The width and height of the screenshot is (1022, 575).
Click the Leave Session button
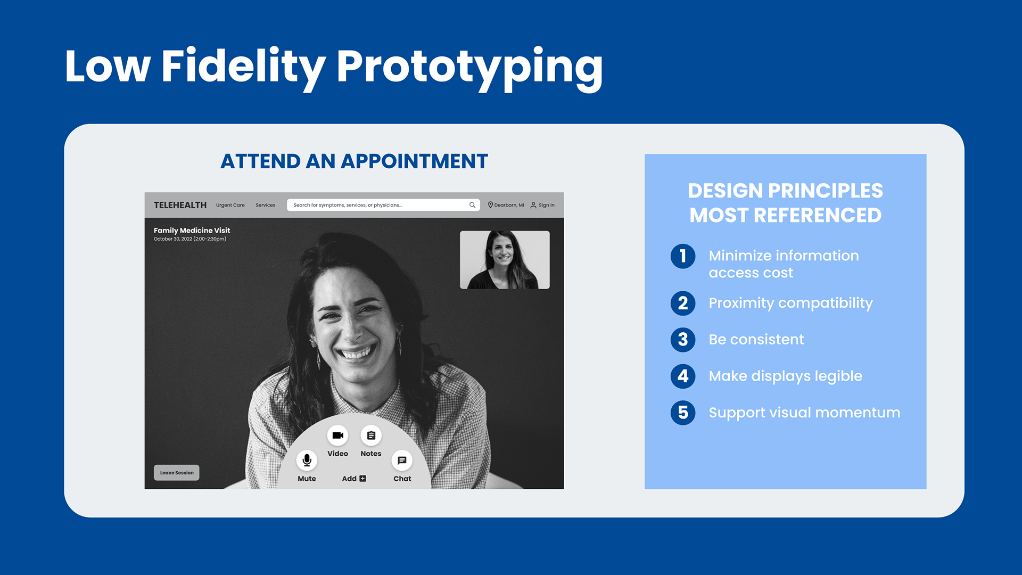(177, 473)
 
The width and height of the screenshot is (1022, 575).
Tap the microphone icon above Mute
(307, 460)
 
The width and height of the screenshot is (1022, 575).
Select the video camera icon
(337, 436)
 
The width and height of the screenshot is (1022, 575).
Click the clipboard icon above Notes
(371, 436)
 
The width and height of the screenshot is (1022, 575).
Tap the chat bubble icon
(402, 461)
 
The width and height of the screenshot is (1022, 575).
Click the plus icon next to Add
(362, 479)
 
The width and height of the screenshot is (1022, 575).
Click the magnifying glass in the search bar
(472, 205)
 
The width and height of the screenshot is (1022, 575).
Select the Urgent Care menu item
(230, 205)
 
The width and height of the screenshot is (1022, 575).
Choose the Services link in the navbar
(265, 205)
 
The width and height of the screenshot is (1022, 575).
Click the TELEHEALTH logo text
(180, 205)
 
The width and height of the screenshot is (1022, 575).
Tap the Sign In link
(542, 205)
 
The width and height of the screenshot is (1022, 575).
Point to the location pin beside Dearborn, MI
(490, 205)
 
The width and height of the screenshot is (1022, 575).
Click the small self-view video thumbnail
(505, 260)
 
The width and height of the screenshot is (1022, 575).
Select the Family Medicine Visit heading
(192, 231)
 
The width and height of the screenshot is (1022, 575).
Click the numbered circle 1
(683, 256)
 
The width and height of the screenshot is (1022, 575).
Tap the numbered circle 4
(683, 376)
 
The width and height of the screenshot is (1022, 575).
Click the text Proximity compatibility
(790, 303)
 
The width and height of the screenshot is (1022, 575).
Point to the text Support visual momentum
(804, 413)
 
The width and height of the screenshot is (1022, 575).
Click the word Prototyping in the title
(469, 68)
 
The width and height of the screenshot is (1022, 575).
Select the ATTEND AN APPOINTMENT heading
(354, 161)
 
